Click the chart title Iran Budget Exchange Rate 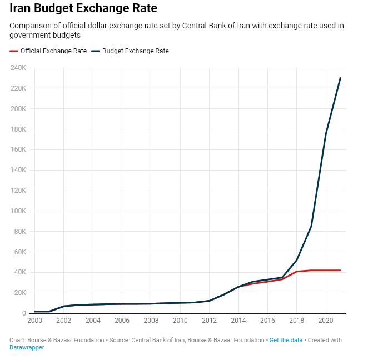[83, 9]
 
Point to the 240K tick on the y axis [18, 68]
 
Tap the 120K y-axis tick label [18, 191]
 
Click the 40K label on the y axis [20, 272]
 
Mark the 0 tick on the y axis [24, 313]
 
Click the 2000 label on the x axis [34, 321]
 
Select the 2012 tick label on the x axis [209, 321]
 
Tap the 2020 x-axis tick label [325, 321]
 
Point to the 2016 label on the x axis [267, 321]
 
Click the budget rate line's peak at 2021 [340, 78]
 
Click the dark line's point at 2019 [311, 226]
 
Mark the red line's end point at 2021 [340, 271]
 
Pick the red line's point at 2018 [297, 272]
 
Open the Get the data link [286, 340]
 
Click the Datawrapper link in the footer [27, 348]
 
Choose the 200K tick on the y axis [18, 109]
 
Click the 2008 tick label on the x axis [151, 321]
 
